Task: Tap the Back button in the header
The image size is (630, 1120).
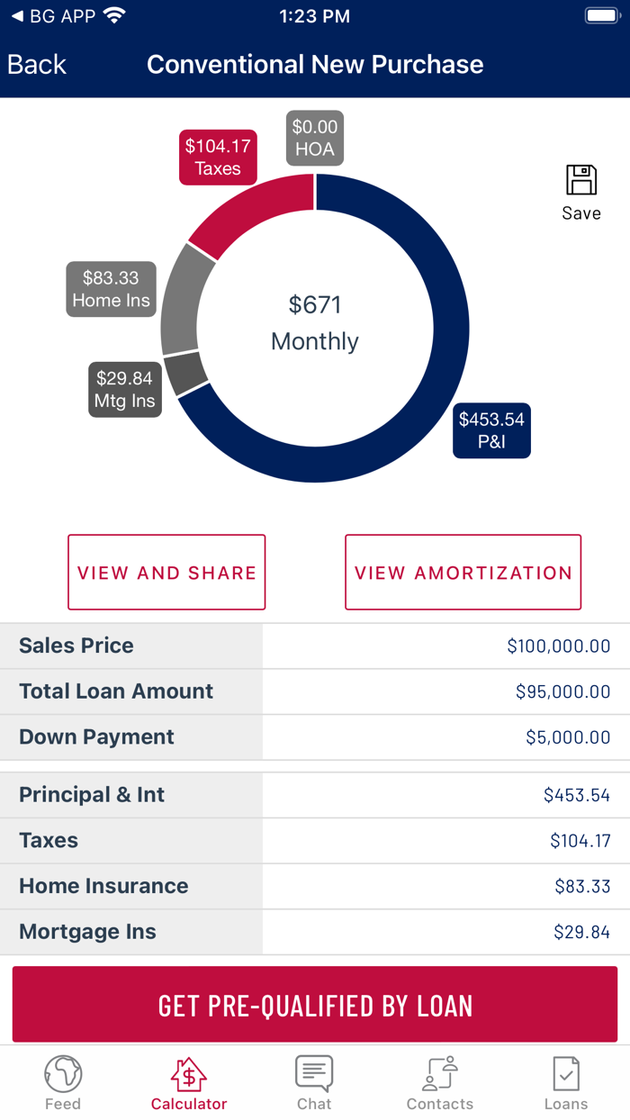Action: tap(37, 65)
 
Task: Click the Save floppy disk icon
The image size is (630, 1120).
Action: tap(581, 181)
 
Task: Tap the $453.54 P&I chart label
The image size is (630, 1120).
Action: tap(491, 430)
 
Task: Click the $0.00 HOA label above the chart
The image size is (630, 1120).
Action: tap(315, 138)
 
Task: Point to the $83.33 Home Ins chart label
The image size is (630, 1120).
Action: tap(111, 289)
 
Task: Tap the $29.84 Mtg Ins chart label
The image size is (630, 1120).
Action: tap(125, 389)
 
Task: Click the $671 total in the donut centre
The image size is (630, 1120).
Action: tap(315, 305)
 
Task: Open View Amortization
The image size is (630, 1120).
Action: tap(463, 573)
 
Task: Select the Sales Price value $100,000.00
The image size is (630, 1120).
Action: tap(558, 646)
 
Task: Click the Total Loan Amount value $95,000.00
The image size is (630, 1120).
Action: tap(562, 691)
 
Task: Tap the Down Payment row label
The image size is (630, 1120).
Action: tap(97, 736)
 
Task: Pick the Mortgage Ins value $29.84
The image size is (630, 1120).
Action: tap(581, 932)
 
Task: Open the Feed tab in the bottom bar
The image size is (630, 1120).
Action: tap(63, 1083)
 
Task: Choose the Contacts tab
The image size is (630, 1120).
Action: tap(440, 1083)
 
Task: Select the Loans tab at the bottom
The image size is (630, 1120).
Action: tap(566, 1083)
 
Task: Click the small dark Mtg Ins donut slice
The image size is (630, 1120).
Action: tap(186, 373)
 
